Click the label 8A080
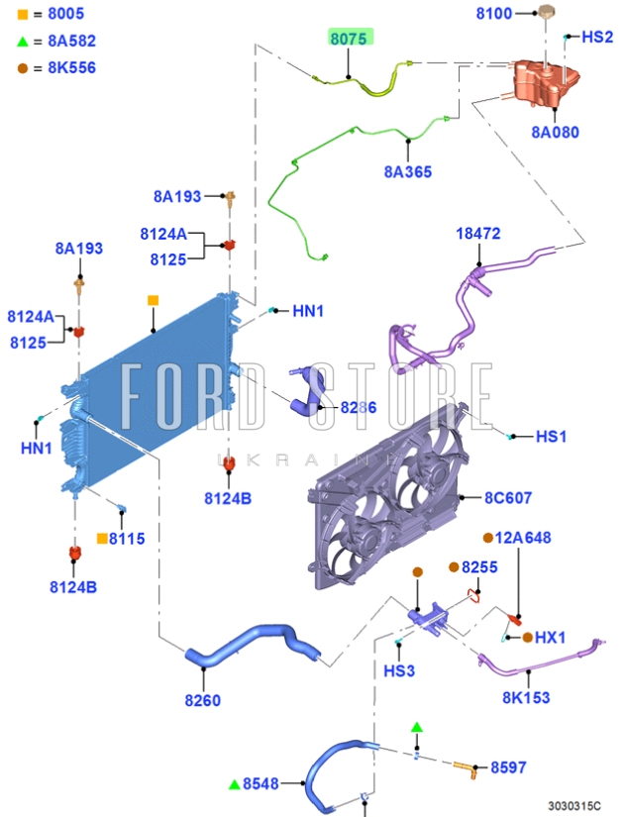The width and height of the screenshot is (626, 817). pyautogui.click(x=555, y=132)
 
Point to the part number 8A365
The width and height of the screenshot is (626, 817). pyautogui.click(x=408, y=171)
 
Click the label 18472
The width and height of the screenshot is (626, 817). pyautogui.click(x=478, y=234)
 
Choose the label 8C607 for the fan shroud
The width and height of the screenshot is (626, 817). pyautogui.click(x=508, y=497)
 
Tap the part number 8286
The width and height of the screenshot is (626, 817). pyautogui.click(x=358, y=407)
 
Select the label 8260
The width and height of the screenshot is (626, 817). pyautogui.click(x=202, y=701)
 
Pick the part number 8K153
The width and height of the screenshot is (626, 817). pyautogui.click(x=525, y=697)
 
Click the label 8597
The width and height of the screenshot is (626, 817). pyautogui.click(x=509, y=767)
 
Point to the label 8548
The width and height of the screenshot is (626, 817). pyautogui.click(x=261, y=783)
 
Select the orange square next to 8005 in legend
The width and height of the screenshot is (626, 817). pyautogui.click(x=23, y=14)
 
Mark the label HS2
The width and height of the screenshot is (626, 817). pyautogui.click(x=597, y=37)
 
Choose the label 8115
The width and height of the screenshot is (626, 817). pyautogui.click(x=127, y=539)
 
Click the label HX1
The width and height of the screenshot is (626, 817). pyautogui.click(x=550, y=638)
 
